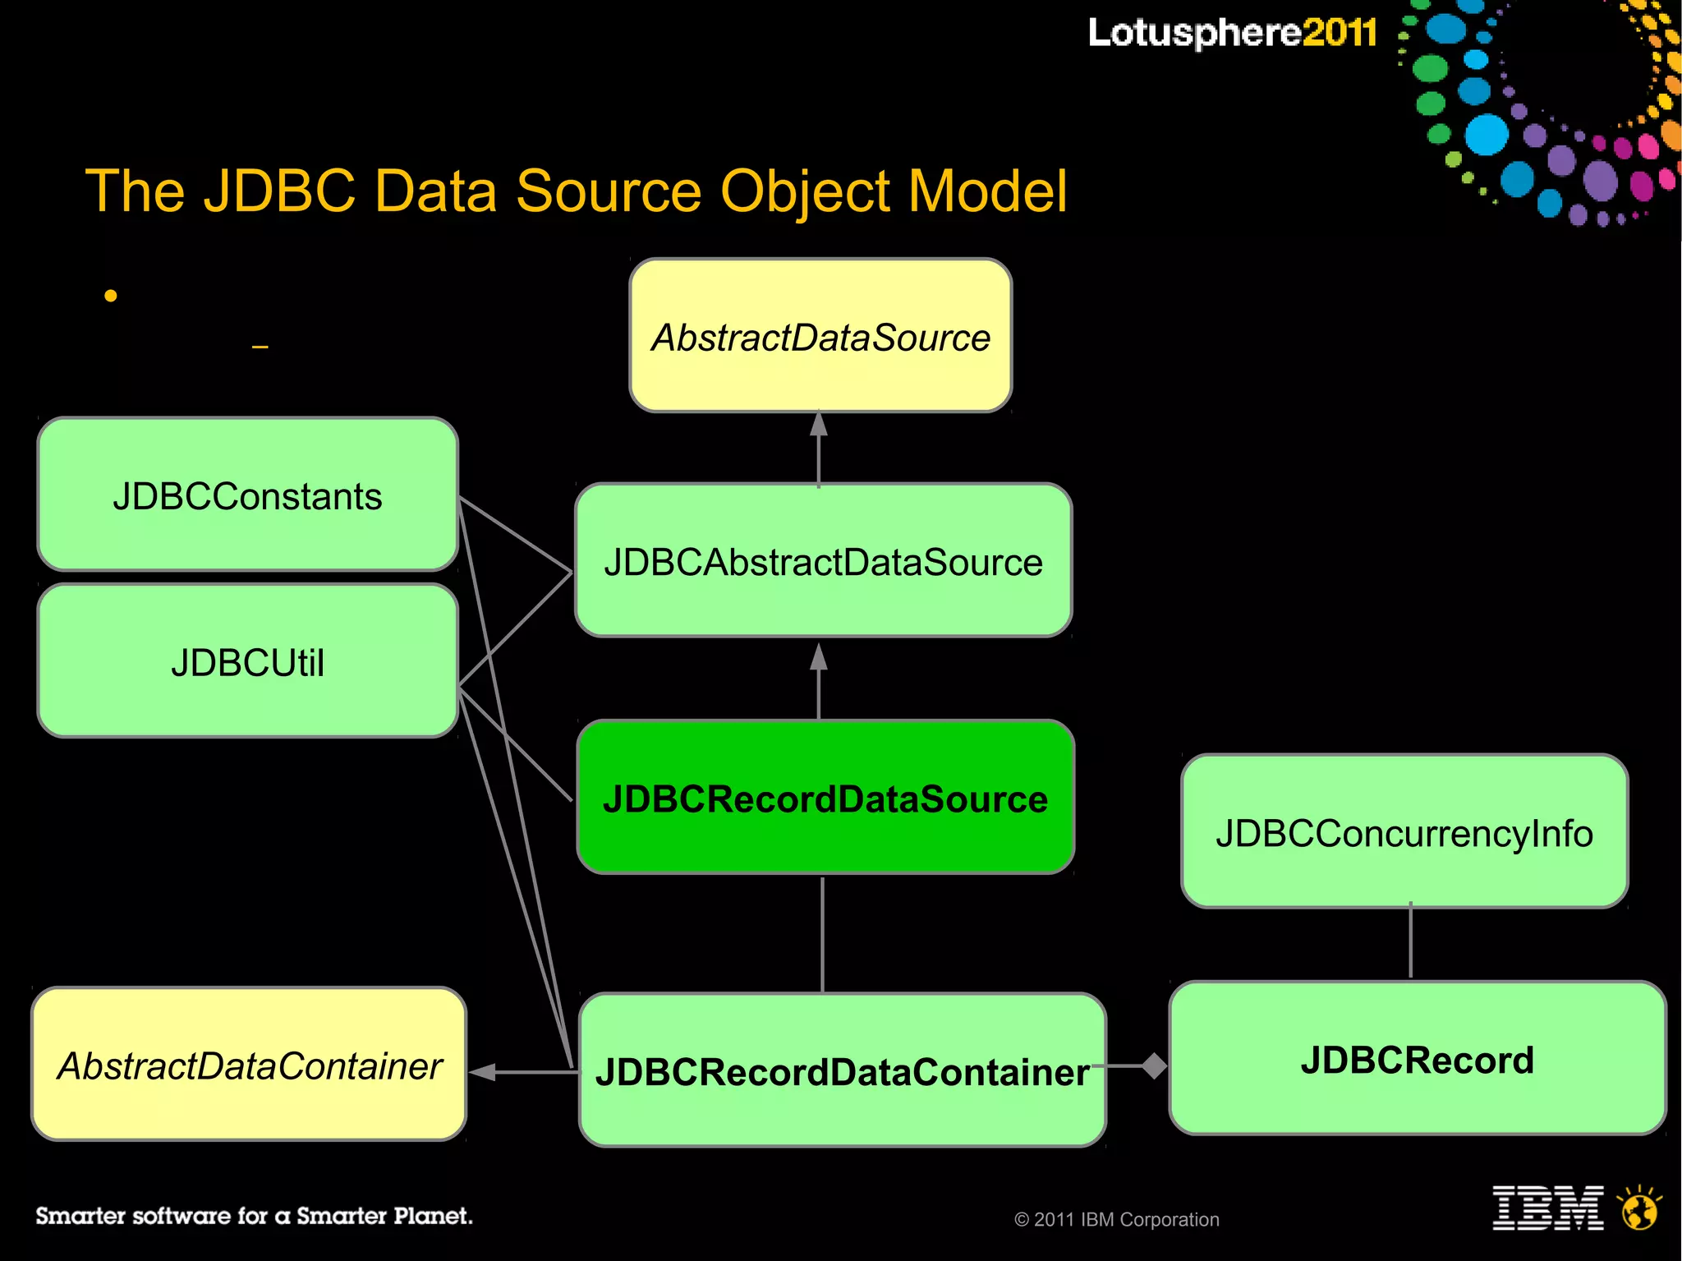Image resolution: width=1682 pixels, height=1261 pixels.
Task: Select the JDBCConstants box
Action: (x=247, y=495)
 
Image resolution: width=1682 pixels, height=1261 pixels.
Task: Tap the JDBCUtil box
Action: (x=247, y=661)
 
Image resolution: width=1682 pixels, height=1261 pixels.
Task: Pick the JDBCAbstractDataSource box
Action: (x=823, y=561)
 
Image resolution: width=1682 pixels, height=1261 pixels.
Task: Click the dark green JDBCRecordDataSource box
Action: (x=825, y=797)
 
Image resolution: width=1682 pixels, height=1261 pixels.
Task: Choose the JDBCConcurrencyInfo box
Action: (x=1404, y=831)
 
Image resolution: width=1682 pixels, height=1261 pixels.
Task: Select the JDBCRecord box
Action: (x=1417, y=1058)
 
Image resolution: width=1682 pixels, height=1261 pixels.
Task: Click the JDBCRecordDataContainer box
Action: (x=842, y=1070)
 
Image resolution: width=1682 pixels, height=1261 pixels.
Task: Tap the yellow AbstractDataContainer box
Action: (x=249, y=1065)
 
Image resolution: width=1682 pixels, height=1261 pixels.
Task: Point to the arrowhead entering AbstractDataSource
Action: (x=819, y=425)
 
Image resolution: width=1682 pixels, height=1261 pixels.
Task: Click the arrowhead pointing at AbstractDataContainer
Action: (x=483, y=1071)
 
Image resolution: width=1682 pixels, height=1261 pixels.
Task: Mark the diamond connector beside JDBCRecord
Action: (x=1154, y=1065)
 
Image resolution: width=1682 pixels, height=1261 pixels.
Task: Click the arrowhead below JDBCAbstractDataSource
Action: (x=819, y=657)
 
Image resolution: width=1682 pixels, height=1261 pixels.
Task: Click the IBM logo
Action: (x=1547, y=1208)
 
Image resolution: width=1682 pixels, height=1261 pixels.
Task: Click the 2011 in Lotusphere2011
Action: (x=1339, y=33)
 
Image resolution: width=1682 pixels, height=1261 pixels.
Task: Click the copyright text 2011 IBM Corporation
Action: (x=1117, y=1219)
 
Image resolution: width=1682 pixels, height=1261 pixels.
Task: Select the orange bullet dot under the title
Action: (x=111, y=296)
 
